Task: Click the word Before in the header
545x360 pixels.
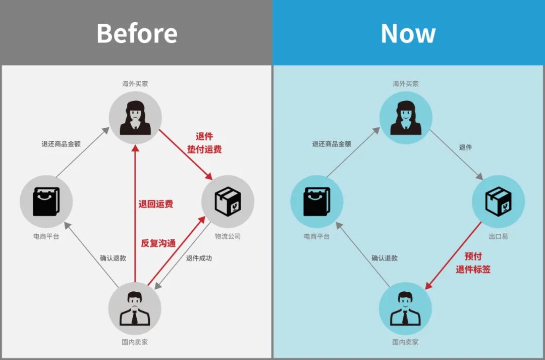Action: click(x=137, y=33)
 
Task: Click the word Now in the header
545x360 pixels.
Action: click(x=408, y=33)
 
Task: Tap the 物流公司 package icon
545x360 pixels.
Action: click(x=228, y=201)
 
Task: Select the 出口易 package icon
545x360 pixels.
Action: click(x=498, y=201)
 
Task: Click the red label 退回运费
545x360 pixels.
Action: click(x=156, y=204)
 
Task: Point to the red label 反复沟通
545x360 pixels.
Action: click(x=158, y=243)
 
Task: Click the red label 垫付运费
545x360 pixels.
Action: click(x=204, y=149)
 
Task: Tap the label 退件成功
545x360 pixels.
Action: click(x=199, y=258)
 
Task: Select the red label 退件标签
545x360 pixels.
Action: click(x=473, y=270)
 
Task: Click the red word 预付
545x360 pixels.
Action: click(x=473, y=256)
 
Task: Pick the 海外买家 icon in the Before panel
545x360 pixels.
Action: click(x=135, y=118)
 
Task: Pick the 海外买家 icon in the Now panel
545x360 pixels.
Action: click(x=406, y=118)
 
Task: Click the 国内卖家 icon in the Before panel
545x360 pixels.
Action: click(x=135, y=308)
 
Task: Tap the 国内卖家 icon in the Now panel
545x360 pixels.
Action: click(x=405, y=308)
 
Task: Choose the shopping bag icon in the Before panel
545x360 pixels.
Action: click(x=46, y=201)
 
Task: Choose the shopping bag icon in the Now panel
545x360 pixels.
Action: click(x=316, y=201)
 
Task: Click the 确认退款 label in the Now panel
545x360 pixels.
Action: click(x=385, y=258)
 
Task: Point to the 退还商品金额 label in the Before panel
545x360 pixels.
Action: click(x=61, y=144)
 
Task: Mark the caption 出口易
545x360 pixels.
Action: click(x=498, y=236)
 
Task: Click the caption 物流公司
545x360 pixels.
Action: click(x=228, y=236)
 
